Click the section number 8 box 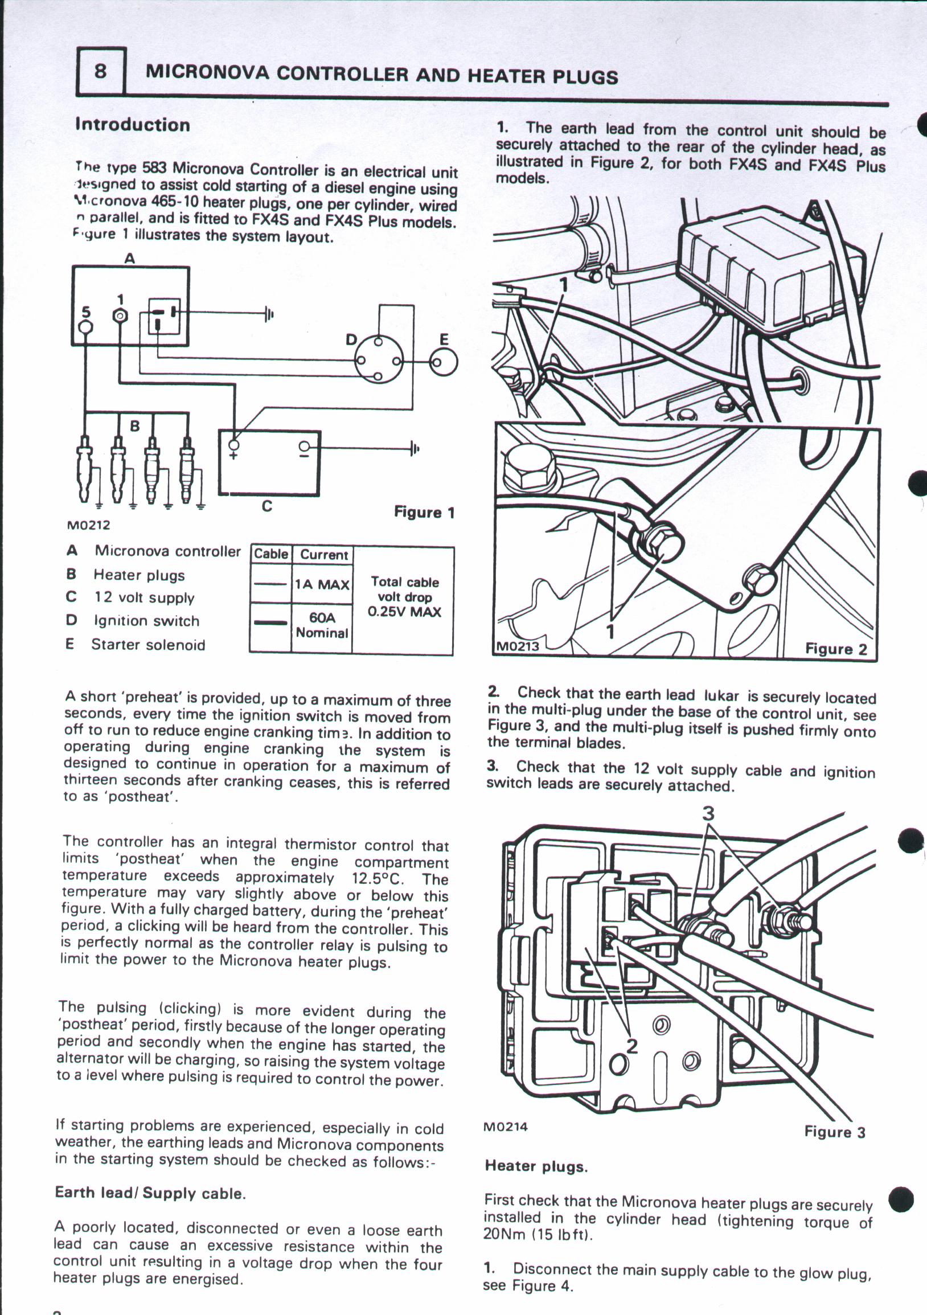(x=101, y=71)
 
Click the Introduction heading (x=132, y=125)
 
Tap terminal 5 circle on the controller (x=85, y=327)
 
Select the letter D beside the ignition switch (x=351, y=340)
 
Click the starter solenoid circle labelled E (x=444, y=363)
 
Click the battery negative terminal (x=305, y=446)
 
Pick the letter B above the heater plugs (x=134, y=426)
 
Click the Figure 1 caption (x=424, y=512)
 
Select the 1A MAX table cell (x=322, y=585)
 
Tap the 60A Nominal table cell (x=322, y=625)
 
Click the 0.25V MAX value (x=404, y=612)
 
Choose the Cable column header (x=271, y=554)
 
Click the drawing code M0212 (x=88, y=525)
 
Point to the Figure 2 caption (x=836, y=649)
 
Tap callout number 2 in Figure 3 (x=632, y=1046)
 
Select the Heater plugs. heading (x=536, y=1166)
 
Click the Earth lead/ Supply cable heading (x=150, y=1194)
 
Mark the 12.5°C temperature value (x=378, y=878)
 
